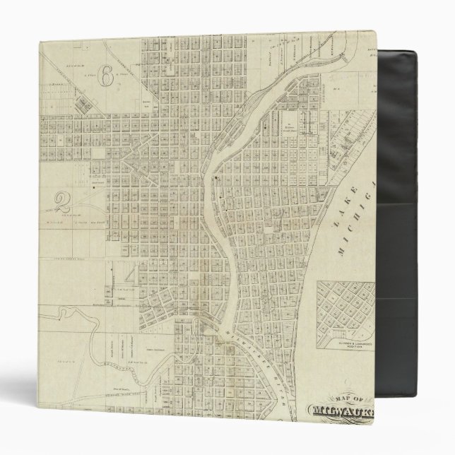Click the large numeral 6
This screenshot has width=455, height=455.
point(106,75)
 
